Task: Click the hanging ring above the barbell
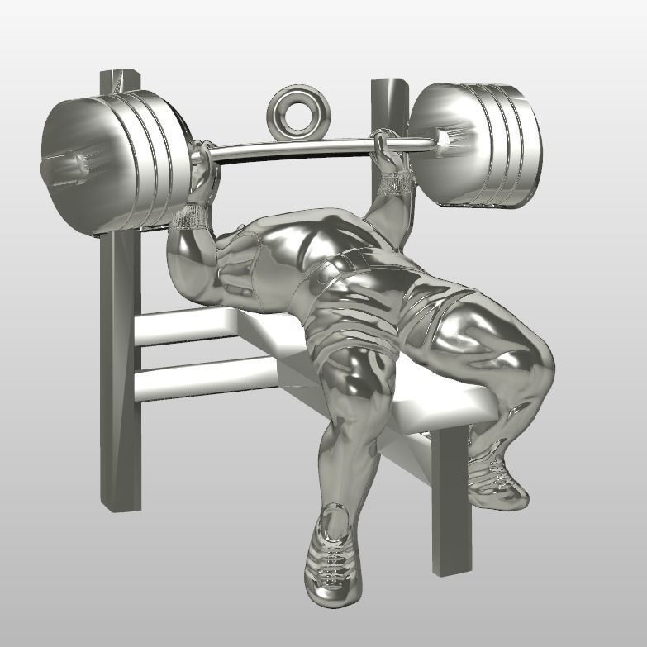(x=295, y=111)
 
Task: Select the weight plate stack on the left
(x=116, y=161)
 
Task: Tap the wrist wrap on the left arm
(x=193, y=216)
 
